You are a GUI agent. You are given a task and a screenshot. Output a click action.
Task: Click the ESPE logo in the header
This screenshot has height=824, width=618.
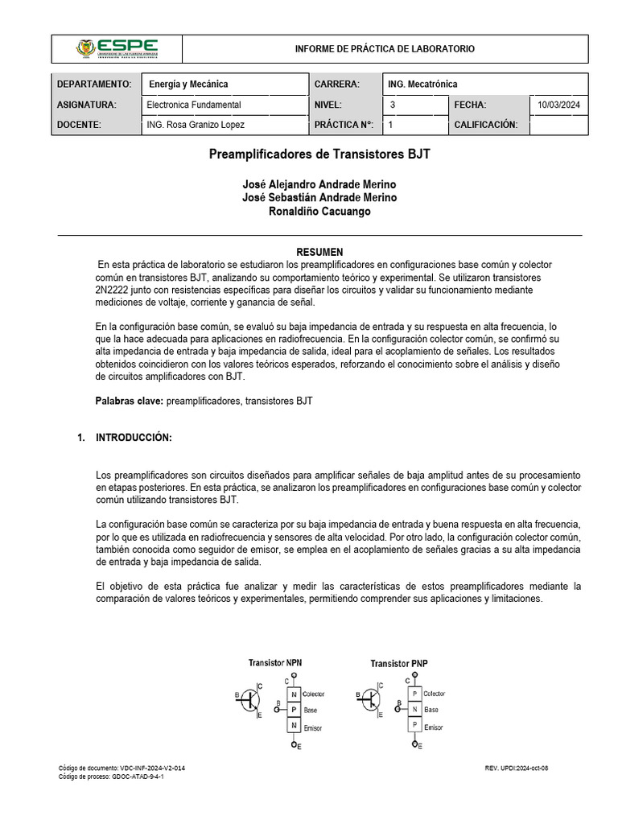point(117,48)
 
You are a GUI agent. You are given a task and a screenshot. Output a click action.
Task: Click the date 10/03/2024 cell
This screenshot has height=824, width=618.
point(563,105)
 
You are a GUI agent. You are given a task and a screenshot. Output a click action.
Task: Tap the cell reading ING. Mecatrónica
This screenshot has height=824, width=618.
point(422,84)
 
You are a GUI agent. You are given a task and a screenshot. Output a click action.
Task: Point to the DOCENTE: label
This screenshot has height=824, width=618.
point(79,125)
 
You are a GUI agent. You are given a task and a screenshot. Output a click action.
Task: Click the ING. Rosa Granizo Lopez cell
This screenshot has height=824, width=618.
point(196,125)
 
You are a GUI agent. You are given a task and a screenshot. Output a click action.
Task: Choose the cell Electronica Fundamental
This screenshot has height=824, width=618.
point(194,105)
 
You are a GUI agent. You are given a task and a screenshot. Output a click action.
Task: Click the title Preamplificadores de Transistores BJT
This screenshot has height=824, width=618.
point(319,153)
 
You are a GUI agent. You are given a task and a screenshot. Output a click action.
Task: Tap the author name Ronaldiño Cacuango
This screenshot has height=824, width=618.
point(319,211)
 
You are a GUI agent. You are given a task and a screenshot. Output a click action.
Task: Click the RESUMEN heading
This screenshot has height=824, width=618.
point(319,252)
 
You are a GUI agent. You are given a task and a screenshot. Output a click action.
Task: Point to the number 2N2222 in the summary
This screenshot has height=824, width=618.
point(117,290)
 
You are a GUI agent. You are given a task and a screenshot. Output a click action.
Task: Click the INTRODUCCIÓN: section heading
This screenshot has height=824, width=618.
point(134,438)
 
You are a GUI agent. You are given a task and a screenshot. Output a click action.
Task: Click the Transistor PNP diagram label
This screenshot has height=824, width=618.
point(399,663)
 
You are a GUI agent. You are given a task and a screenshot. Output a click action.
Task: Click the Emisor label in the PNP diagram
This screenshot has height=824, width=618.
point(434,727)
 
